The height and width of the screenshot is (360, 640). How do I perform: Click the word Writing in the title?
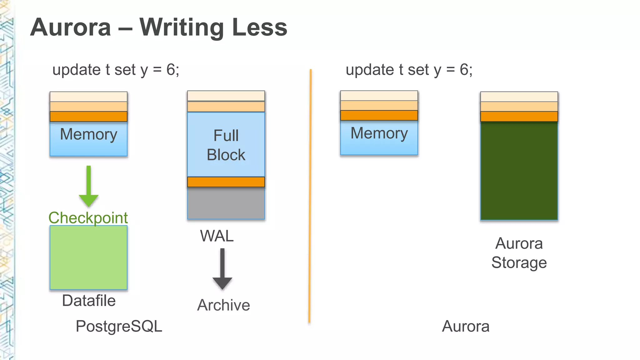click(x=182, y=27)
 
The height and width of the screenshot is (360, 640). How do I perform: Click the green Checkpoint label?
click(x=88, y=218)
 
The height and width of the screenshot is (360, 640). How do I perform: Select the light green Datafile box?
click(x=88, y=257)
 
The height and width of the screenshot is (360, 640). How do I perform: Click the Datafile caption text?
click(x=89, y=301)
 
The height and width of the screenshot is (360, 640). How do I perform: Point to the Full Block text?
click(x=226, y=145)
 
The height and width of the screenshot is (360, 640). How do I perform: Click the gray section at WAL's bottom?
click(x=226, y=203)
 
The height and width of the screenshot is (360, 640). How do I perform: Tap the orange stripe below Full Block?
click(x=226, y=182)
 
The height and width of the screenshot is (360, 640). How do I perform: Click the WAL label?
click(x=217, y=236)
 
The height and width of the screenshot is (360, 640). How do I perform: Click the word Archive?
click(x=223, y=305)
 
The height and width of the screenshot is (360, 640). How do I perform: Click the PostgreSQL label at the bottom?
click(x=119, y=326)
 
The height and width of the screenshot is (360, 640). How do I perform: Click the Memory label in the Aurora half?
click(x=379, y=133)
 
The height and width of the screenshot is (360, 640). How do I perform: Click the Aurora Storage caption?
click(x=519, y=253)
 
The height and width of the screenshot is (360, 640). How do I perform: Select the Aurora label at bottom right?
click(x=466, y=326)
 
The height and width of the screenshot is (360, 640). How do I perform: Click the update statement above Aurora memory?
click(x=409, y=70)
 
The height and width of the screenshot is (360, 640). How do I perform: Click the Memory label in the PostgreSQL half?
click(x=88, y=134)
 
